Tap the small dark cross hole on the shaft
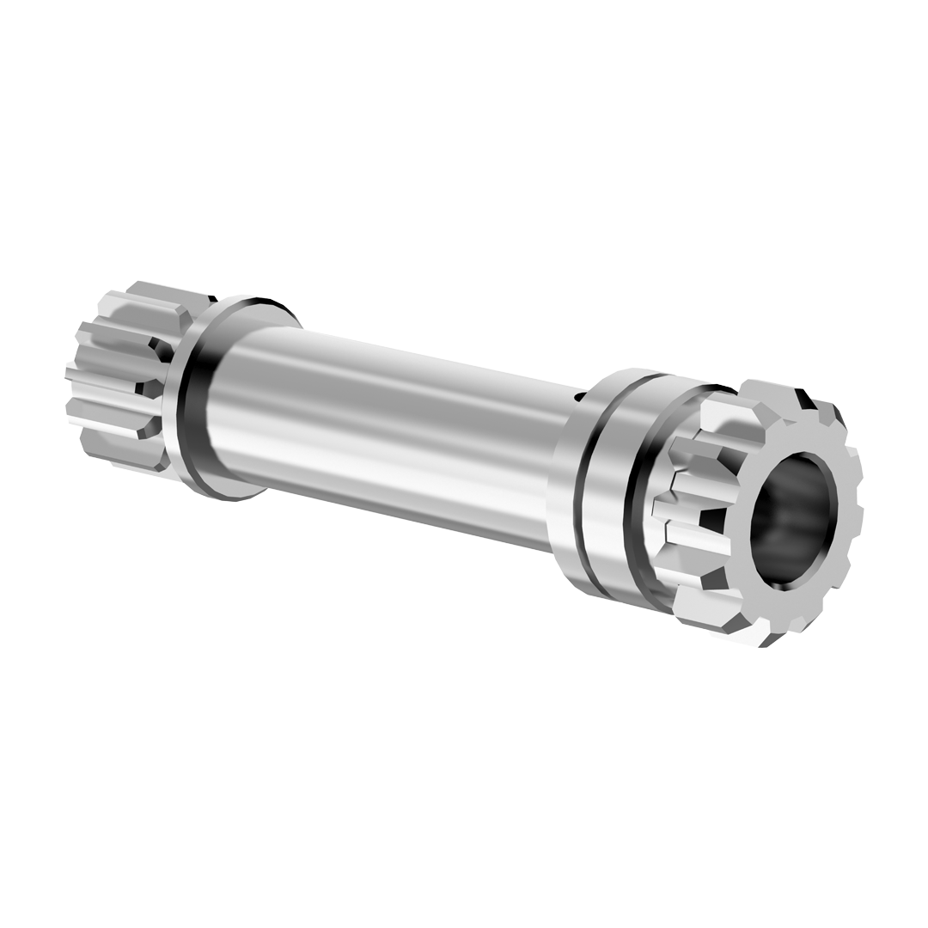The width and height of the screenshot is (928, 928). coord(580,396)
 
